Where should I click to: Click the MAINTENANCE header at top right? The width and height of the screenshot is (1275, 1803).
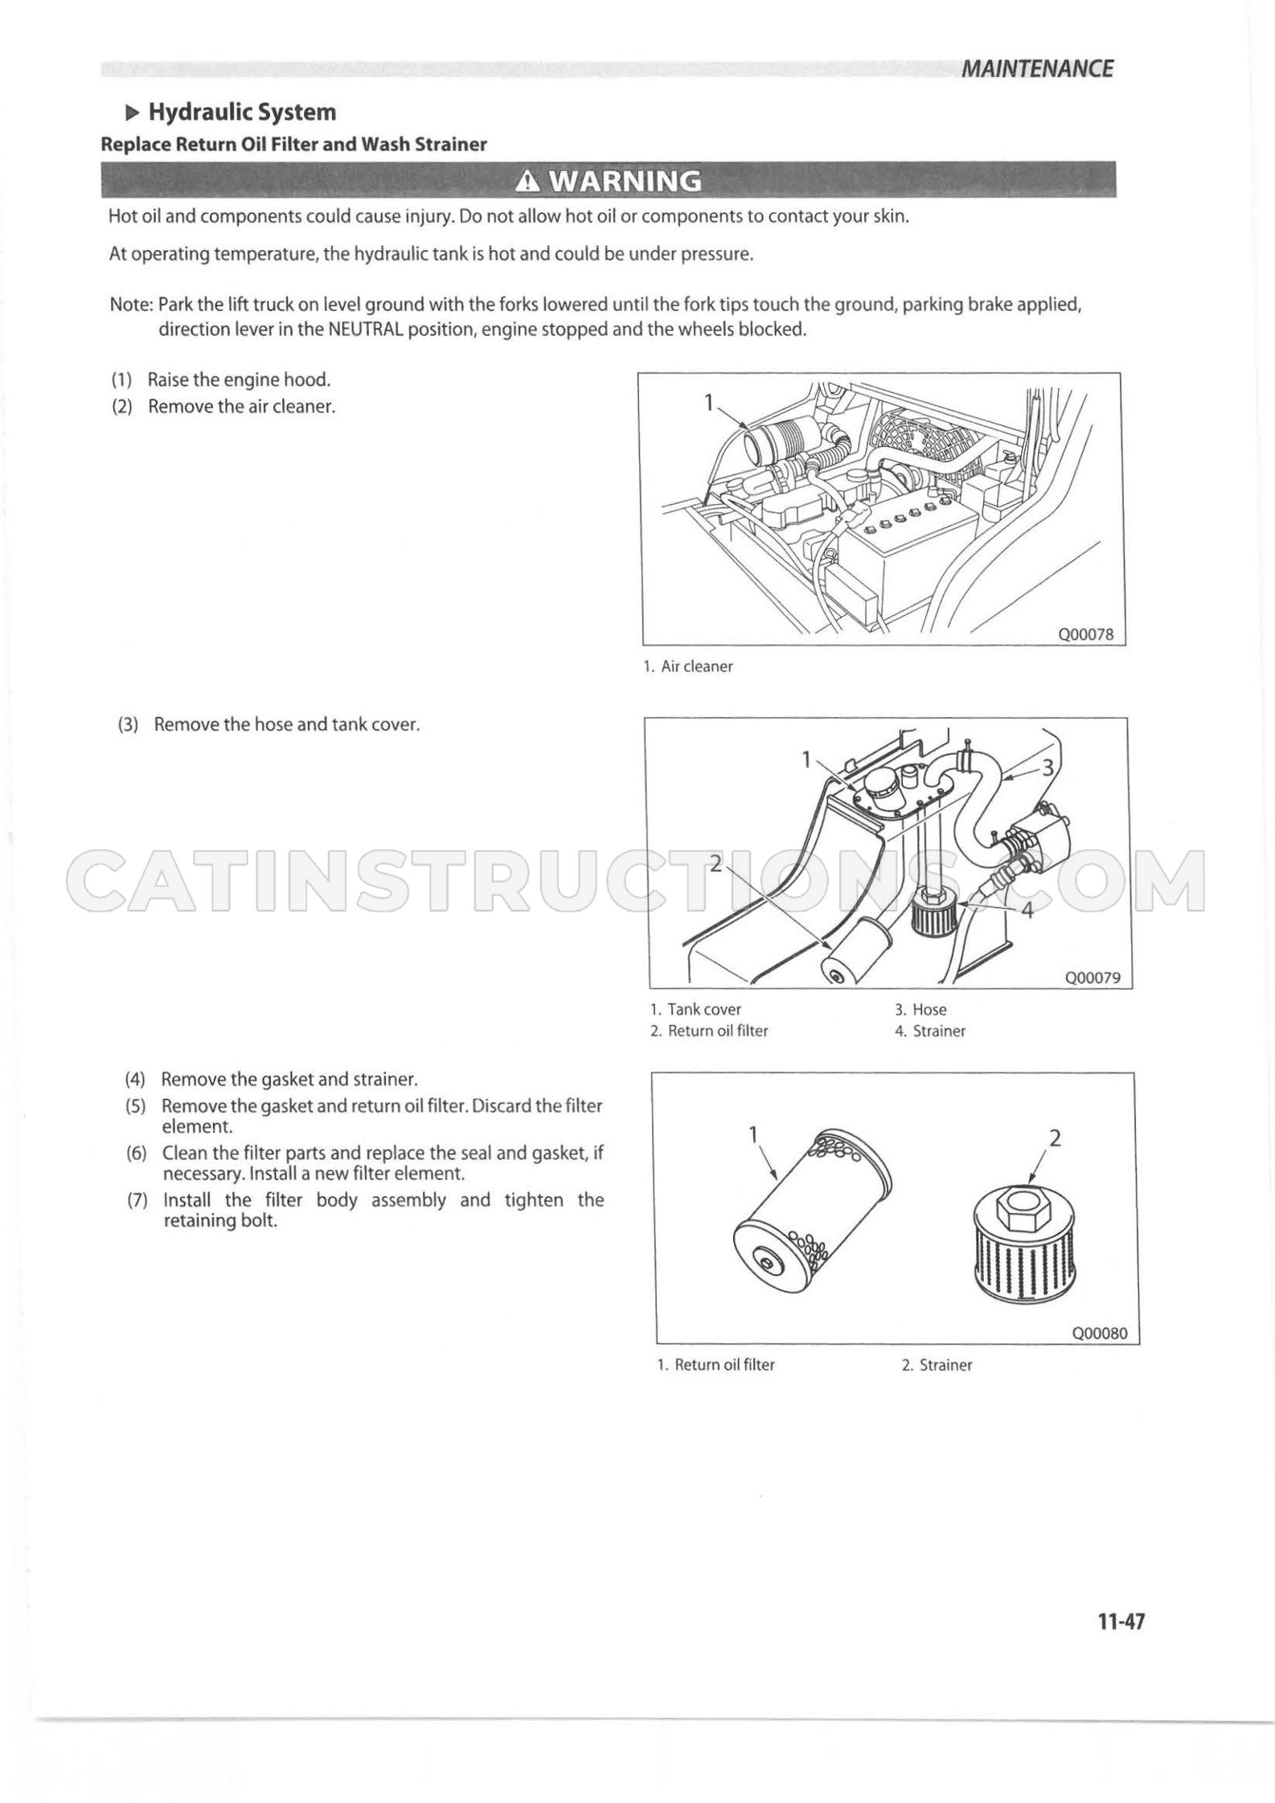click(1037, 69)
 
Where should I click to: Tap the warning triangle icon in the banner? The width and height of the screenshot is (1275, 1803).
click(527, 182)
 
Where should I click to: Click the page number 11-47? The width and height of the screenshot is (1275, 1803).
click(1121, 1621)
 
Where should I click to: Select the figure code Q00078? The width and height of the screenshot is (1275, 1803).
click(1086, 633)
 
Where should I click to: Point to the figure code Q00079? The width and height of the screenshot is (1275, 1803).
click(1093, 977)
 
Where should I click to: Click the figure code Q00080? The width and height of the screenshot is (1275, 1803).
click(1100, 1333)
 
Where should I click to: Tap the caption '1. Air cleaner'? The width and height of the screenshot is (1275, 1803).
click(688, 666)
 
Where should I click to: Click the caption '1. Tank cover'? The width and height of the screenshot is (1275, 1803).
click(696, 1010)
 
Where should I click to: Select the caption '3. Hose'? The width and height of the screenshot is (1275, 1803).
click(920, 1010)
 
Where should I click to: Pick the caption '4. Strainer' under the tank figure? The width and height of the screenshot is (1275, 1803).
click(930, 1031)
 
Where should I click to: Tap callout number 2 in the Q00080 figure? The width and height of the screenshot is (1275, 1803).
click(1056, 1138)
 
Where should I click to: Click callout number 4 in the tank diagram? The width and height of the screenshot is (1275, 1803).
click(1027, 911)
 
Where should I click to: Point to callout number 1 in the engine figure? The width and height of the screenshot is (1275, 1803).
click(709, 403)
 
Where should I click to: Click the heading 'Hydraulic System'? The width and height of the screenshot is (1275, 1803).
click(243, 112)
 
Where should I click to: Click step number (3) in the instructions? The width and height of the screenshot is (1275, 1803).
click(129, 724)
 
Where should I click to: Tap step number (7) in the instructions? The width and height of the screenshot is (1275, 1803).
click(137, 1200)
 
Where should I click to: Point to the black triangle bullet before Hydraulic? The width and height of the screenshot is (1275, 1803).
click(133, 112)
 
